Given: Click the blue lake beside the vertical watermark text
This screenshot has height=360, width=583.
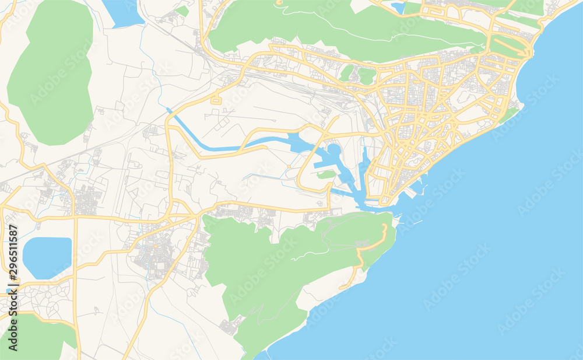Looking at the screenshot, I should (47, 257).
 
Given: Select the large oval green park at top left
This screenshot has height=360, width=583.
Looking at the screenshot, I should (51, 73).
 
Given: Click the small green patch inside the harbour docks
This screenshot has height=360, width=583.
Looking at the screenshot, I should (326, 174).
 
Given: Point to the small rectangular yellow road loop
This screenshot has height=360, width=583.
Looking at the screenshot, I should (216, 100).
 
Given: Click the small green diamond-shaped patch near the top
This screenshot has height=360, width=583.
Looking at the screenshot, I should (182, 11).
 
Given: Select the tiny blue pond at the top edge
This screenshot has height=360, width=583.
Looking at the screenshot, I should (399, 8).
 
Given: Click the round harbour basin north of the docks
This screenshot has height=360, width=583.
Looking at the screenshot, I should (333, 151).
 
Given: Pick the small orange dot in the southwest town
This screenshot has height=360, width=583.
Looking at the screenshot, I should (156, 247).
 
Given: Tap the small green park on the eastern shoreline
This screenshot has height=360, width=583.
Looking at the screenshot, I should (509, 114).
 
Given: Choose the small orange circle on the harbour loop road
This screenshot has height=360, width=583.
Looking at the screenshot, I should (287, 168).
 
